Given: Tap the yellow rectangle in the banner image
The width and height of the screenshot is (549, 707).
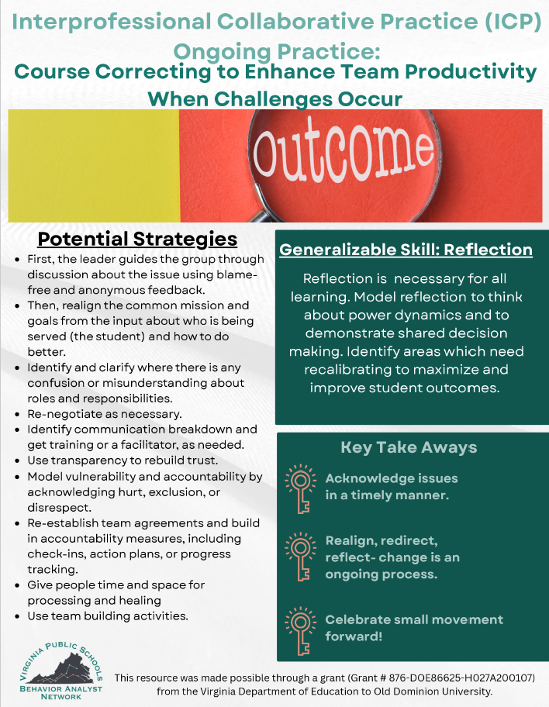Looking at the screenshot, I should tap(93, 165).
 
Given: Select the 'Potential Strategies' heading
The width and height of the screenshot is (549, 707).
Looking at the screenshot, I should tap(137, 237).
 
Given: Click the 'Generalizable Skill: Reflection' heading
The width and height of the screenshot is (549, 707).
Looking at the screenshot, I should tap(406, 250).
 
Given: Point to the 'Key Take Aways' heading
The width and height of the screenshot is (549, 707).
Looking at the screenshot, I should tap(409, 447).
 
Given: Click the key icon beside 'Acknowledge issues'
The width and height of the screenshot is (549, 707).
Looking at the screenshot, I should tap(298, 488).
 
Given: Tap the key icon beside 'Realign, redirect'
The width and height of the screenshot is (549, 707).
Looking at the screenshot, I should tap(298, 557).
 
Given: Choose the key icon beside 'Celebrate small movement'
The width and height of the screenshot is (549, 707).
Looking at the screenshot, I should tap(298, 629).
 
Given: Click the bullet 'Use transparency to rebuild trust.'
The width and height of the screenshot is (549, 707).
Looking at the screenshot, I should tap(122, 460).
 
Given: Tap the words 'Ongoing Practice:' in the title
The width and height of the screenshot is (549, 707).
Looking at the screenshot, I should tap(274, 51).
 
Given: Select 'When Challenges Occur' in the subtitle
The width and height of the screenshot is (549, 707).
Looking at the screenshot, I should tap(274, 98).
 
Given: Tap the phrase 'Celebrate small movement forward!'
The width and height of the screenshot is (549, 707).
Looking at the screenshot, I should tap(413, 628).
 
